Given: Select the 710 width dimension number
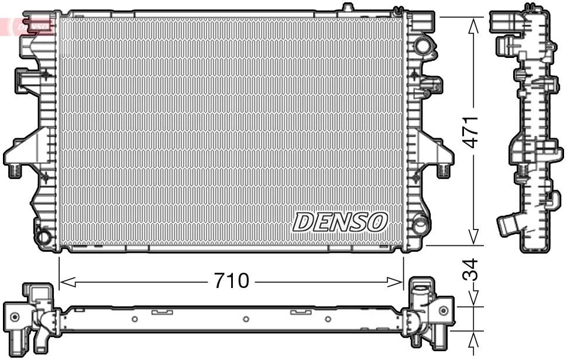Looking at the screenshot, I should coord(231,282).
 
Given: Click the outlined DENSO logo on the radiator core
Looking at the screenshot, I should coord(340,222).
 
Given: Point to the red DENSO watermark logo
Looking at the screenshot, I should coord(29,26).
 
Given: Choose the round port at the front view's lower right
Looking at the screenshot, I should coord(420,224).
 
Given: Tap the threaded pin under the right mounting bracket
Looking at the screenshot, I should coord(444,171).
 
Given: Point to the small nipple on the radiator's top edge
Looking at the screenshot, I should coord(348,8).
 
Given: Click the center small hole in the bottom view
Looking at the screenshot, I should coord(246,319).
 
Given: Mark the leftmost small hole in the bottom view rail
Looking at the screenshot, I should coord(135,319).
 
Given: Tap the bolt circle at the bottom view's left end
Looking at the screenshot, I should coord(15,317).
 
